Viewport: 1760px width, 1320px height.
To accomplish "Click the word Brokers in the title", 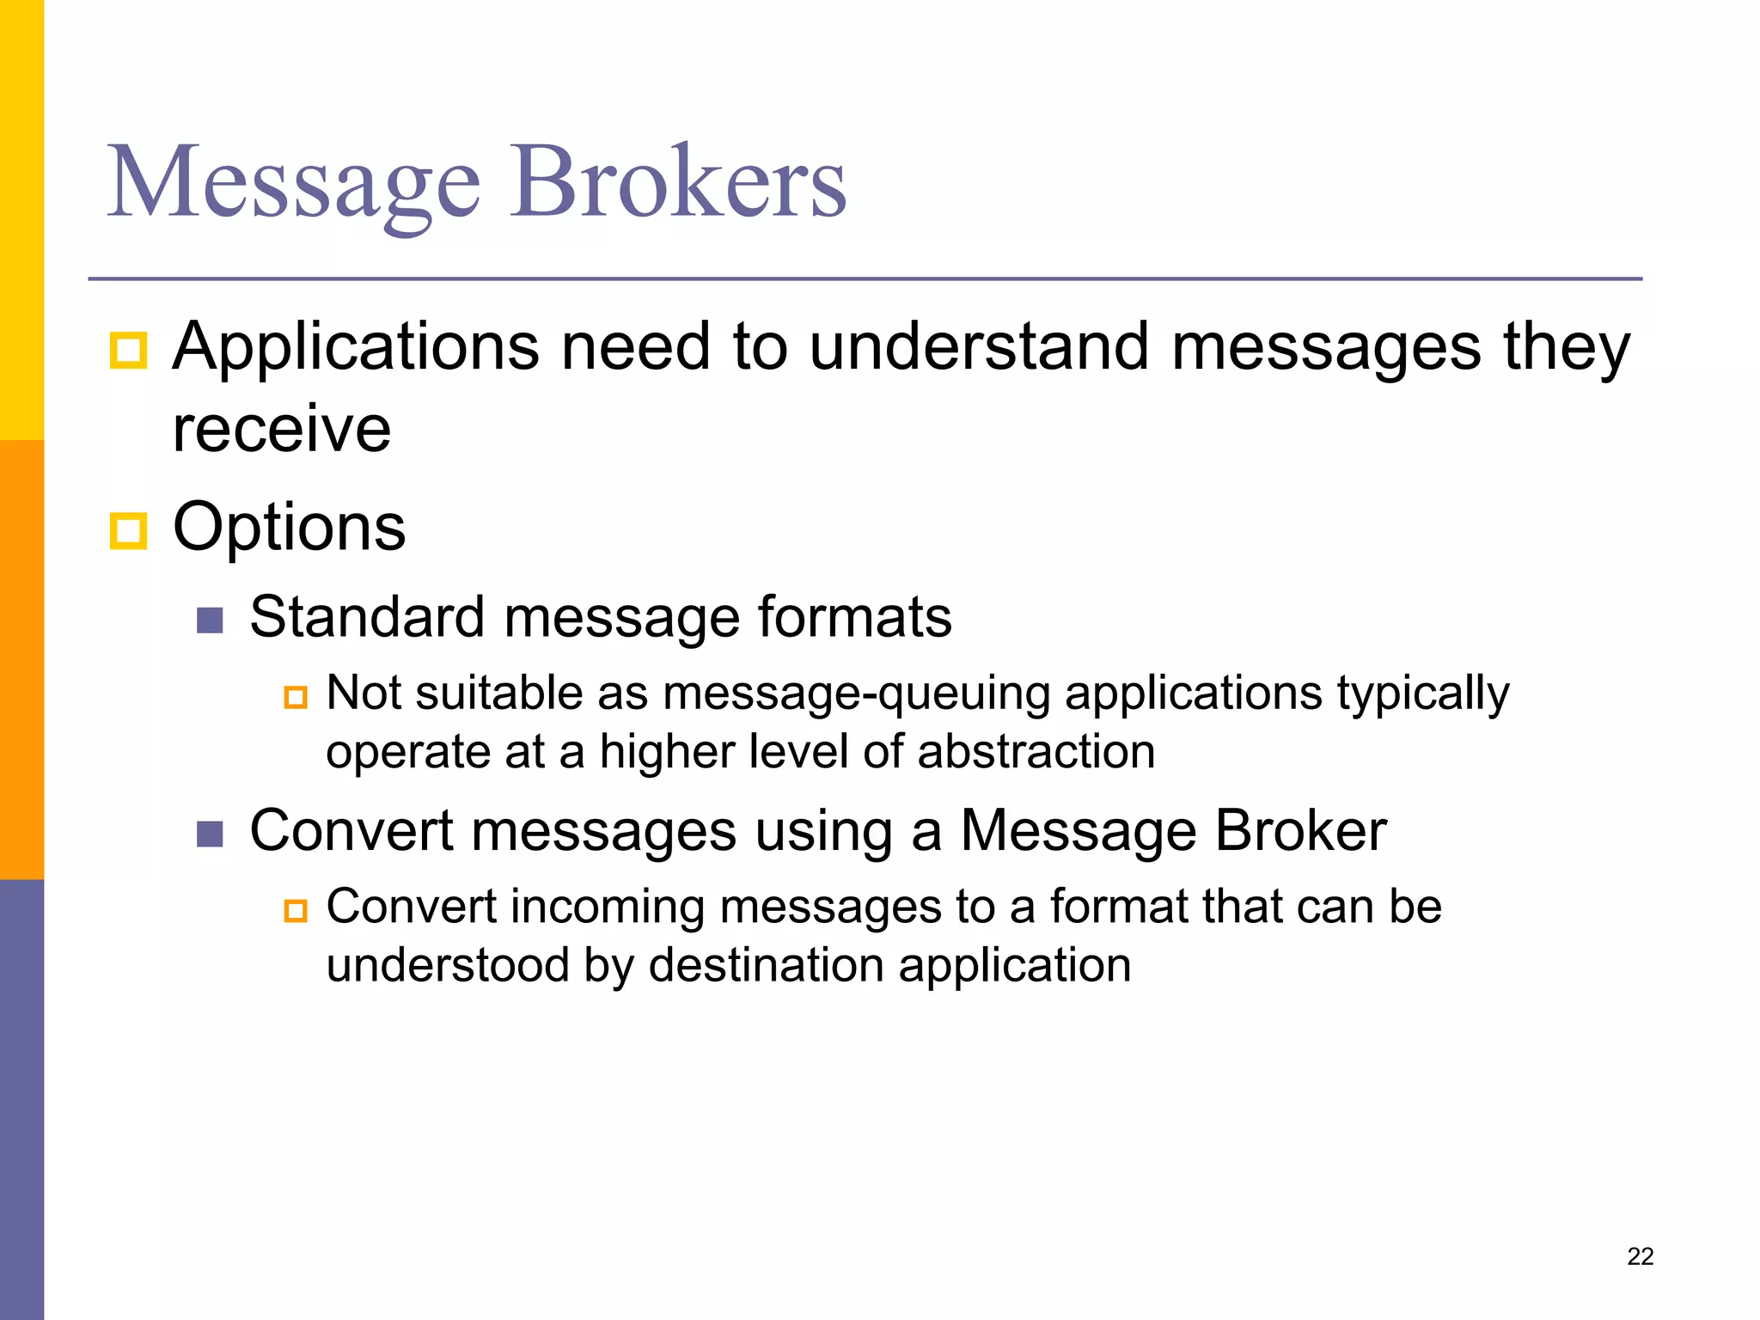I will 678,182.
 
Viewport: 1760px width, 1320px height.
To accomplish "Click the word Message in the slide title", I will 293,182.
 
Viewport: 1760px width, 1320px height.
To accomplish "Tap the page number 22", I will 1640,1256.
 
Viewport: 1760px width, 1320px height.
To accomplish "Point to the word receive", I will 281,429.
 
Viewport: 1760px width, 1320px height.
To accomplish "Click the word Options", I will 289,528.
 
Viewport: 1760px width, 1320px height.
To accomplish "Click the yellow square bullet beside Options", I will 129,530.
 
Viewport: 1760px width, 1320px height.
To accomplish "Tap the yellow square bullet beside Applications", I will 129,351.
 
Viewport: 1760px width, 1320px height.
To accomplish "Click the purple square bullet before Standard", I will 210,620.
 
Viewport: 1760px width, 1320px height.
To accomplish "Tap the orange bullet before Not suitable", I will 296,696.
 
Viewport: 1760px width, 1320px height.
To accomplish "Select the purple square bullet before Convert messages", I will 210,834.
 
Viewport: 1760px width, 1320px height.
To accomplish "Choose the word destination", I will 766,965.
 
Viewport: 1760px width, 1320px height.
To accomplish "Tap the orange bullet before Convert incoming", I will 296,910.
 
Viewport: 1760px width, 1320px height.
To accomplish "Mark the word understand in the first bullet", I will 979,348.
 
